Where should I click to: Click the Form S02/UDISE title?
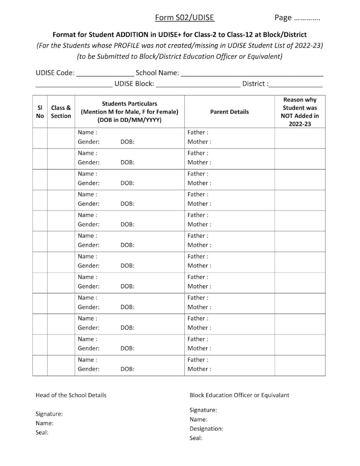click(x=185, y=17)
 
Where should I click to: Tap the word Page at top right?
click(x=283, y=17)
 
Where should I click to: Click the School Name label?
click(x=157, y=73)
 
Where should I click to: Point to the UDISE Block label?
click(x=134, y=84)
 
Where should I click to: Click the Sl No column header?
click(x=40, y=112)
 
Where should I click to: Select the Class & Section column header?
click(x=61, y=112)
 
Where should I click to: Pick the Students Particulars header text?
click(x=129, y=104)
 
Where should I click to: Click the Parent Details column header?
click(x=229, y=112)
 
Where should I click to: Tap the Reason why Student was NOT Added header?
click(x=300, y=112)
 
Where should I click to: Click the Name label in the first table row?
click(x=87, y=133)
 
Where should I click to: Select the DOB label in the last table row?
click(x=127, y=369)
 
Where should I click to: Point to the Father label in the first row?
click(x=198, y=133)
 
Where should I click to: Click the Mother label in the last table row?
click(x=199, y=369)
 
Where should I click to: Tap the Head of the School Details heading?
click(x=71, y=395)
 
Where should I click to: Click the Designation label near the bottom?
click(x=206, y=429)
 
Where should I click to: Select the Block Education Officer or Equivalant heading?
click(x=239, y=395)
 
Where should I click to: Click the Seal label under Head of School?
click(x=42, y=433)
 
